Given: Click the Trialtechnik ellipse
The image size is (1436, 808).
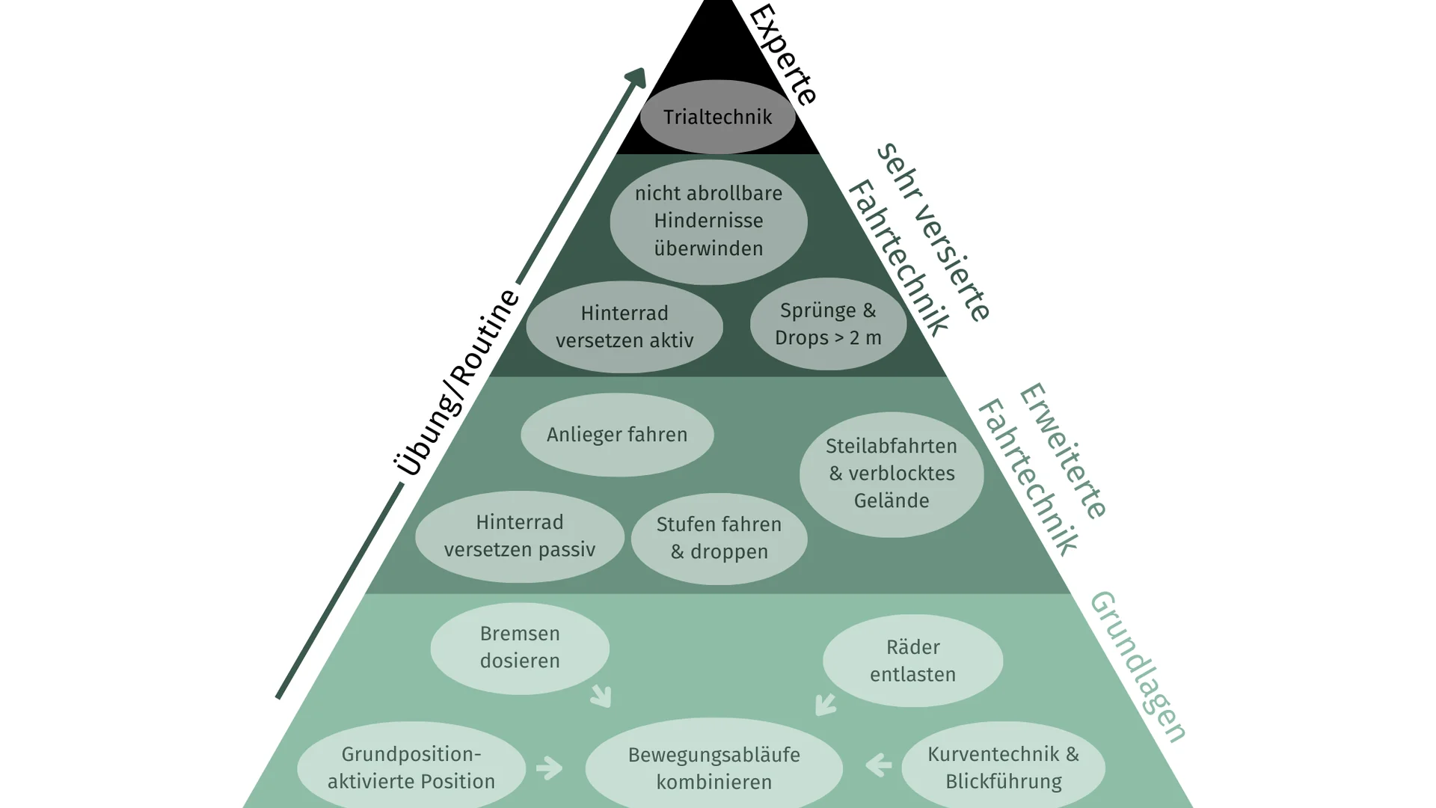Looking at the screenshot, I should (x=717, y=117).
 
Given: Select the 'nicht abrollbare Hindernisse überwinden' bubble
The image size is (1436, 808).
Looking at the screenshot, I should (x=708, y=221).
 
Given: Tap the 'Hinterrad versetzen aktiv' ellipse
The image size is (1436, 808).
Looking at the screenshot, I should (x=625, y=327).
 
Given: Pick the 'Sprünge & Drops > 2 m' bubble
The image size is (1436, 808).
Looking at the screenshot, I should (x=828, y=324).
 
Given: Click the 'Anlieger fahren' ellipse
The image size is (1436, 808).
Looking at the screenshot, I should (x=617, y=435).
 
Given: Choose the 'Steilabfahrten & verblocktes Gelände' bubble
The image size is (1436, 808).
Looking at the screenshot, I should (x=892, y=474).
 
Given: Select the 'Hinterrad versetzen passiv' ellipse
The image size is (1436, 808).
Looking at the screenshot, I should (x=520, y=536).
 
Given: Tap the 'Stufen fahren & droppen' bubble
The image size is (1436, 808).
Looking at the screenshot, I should (x=719, y=539).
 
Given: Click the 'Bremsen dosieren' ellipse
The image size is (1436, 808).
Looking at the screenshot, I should (x=520, y=648).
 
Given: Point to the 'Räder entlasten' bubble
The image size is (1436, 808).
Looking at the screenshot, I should (x=912, y=661).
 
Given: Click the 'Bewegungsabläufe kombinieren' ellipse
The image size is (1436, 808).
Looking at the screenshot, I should (x=714, y=768).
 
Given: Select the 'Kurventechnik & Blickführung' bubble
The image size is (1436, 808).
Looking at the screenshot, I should (x=1003, y=768).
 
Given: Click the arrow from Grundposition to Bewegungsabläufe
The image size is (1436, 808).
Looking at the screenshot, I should (x=549, y=768).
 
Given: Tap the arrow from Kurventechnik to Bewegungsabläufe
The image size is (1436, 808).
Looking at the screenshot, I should (x=879, y=765).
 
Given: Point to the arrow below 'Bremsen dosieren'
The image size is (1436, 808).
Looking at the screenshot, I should (x=601, y=696).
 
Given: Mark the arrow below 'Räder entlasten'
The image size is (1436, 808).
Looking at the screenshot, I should (x=825, y=703).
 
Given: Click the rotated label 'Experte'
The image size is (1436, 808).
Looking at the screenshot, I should (x=782, y=54).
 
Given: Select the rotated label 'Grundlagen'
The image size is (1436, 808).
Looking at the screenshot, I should (x=1138, y=667).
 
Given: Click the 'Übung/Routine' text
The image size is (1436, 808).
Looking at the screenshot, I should (x=457, y=382).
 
